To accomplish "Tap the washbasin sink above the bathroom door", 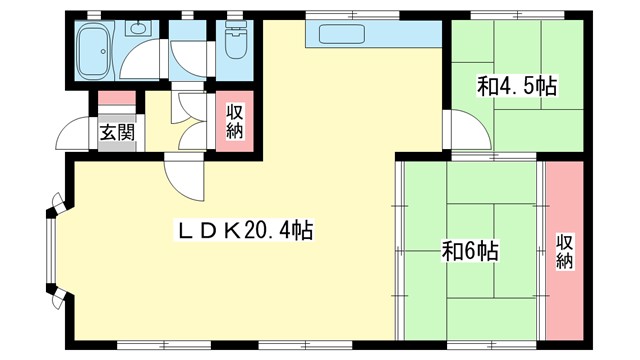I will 138,30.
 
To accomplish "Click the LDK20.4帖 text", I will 246,231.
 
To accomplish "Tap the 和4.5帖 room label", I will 517,87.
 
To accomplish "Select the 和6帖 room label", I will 470,249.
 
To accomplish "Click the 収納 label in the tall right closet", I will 565,250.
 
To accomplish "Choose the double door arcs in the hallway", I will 188,107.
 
